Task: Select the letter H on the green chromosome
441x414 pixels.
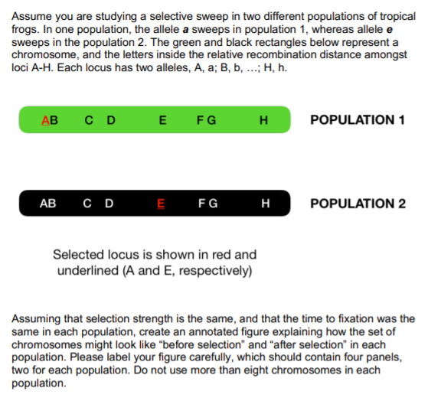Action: (x=264, y=119)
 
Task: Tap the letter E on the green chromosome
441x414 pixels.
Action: (x=162, y=119)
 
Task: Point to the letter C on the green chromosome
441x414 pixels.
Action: (x=90, y=119)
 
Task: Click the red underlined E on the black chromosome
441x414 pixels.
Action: (x=161, y=204)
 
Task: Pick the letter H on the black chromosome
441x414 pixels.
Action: (x=266, y=204)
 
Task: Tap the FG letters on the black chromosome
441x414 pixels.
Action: (x=207, y=204)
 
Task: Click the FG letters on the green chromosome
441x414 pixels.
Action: (x=206, y=119)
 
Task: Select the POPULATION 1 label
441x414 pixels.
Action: (x=358, y=120)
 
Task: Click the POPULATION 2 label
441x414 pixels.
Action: (x=358, y=204)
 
